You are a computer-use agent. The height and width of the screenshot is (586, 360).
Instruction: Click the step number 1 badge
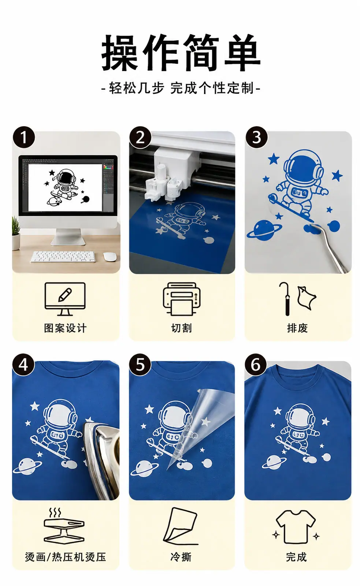(x=23, y=137)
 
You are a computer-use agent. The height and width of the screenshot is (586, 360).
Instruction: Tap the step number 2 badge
(x=140, y=137)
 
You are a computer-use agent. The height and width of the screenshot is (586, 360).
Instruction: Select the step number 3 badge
(x=256, y=137)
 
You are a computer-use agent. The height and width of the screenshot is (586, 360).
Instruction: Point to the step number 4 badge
(x=23, y=365)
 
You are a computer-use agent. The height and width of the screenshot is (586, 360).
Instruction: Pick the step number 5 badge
(x=140, y=365)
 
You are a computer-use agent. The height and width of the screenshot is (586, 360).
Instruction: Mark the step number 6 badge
(x=256, y=365)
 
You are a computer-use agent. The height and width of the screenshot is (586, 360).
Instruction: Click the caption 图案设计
(x=65, y=328)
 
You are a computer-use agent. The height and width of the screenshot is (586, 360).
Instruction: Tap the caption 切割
(x=181, y=328)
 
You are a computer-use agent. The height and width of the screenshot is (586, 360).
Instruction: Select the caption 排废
(x=297, y=328)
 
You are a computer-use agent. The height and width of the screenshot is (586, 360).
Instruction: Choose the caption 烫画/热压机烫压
(x=66, y=557)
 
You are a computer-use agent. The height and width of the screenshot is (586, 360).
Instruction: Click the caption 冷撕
(x=181, y=557)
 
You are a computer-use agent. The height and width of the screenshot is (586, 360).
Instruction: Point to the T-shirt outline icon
(x=296, y=527)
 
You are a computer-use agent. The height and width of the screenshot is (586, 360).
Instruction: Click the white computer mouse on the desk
(x=110, y=256)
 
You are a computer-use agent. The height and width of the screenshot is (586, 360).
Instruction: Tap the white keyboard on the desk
(x=63, y=256)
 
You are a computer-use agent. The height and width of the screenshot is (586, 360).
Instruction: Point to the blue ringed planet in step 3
(x=264, y=229)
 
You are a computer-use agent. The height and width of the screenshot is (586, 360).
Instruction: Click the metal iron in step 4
(x=103, y=461)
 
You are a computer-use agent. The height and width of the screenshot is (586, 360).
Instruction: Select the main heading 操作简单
(x=181, y=53)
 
